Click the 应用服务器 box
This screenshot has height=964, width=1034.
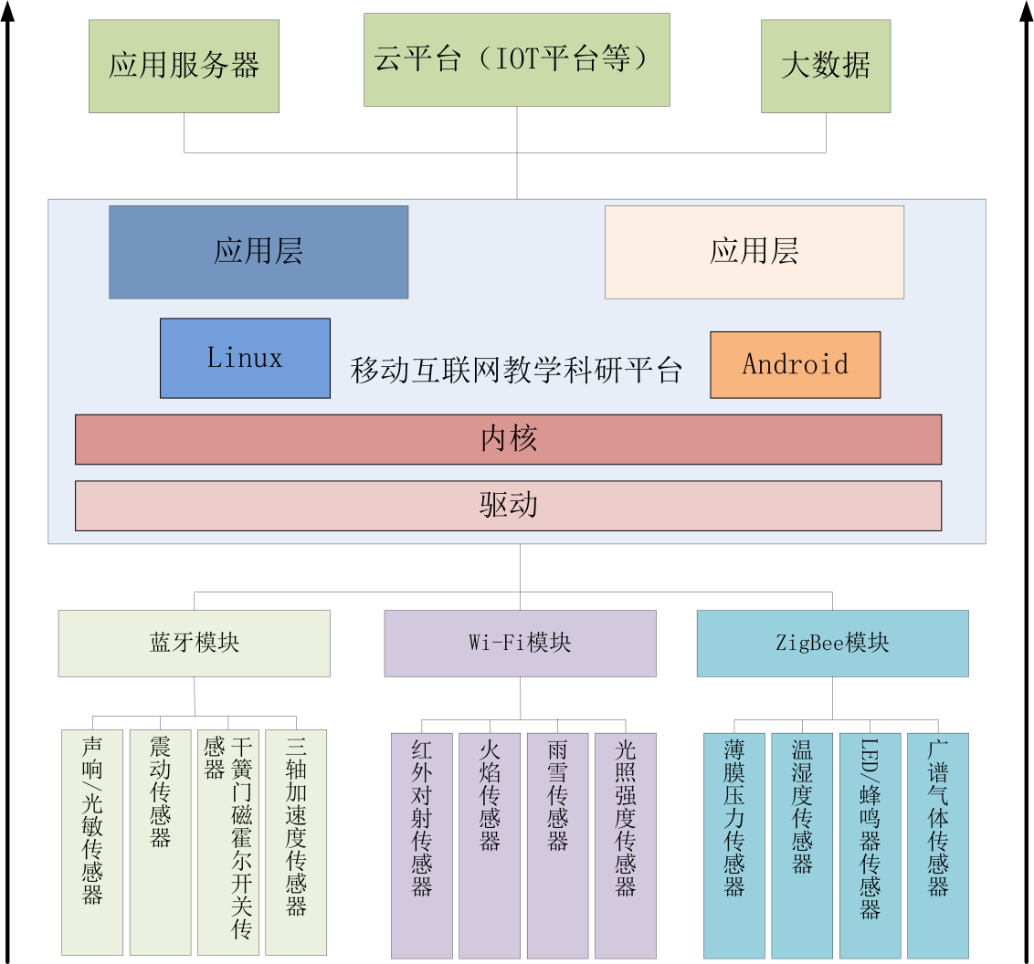[184, 66]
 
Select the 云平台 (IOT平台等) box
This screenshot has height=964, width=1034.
[516, 60]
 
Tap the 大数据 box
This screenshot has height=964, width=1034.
[826, 67]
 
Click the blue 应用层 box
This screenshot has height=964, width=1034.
[258, 252]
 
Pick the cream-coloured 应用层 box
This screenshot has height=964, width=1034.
[754, 252]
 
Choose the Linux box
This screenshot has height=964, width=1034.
[245, 358]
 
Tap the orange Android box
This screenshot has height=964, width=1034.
[795, 365]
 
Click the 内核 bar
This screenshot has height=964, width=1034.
[508, 439]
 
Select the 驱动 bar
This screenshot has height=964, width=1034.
[508, 506]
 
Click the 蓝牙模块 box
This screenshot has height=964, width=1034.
[194, 644]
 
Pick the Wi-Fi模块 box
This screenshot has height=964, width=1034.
[520, 644]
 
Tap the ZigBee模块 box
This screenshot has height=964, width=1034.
[832, 644]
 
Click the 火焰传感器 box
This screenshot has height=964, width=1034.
[489, 845]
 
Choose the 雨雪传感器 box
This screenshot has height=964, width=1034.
[557, 845]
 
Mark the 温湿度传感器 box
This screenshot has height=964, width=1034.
[801, 845]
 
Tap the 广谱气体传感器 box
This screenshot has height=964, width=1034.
[937, 845]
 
